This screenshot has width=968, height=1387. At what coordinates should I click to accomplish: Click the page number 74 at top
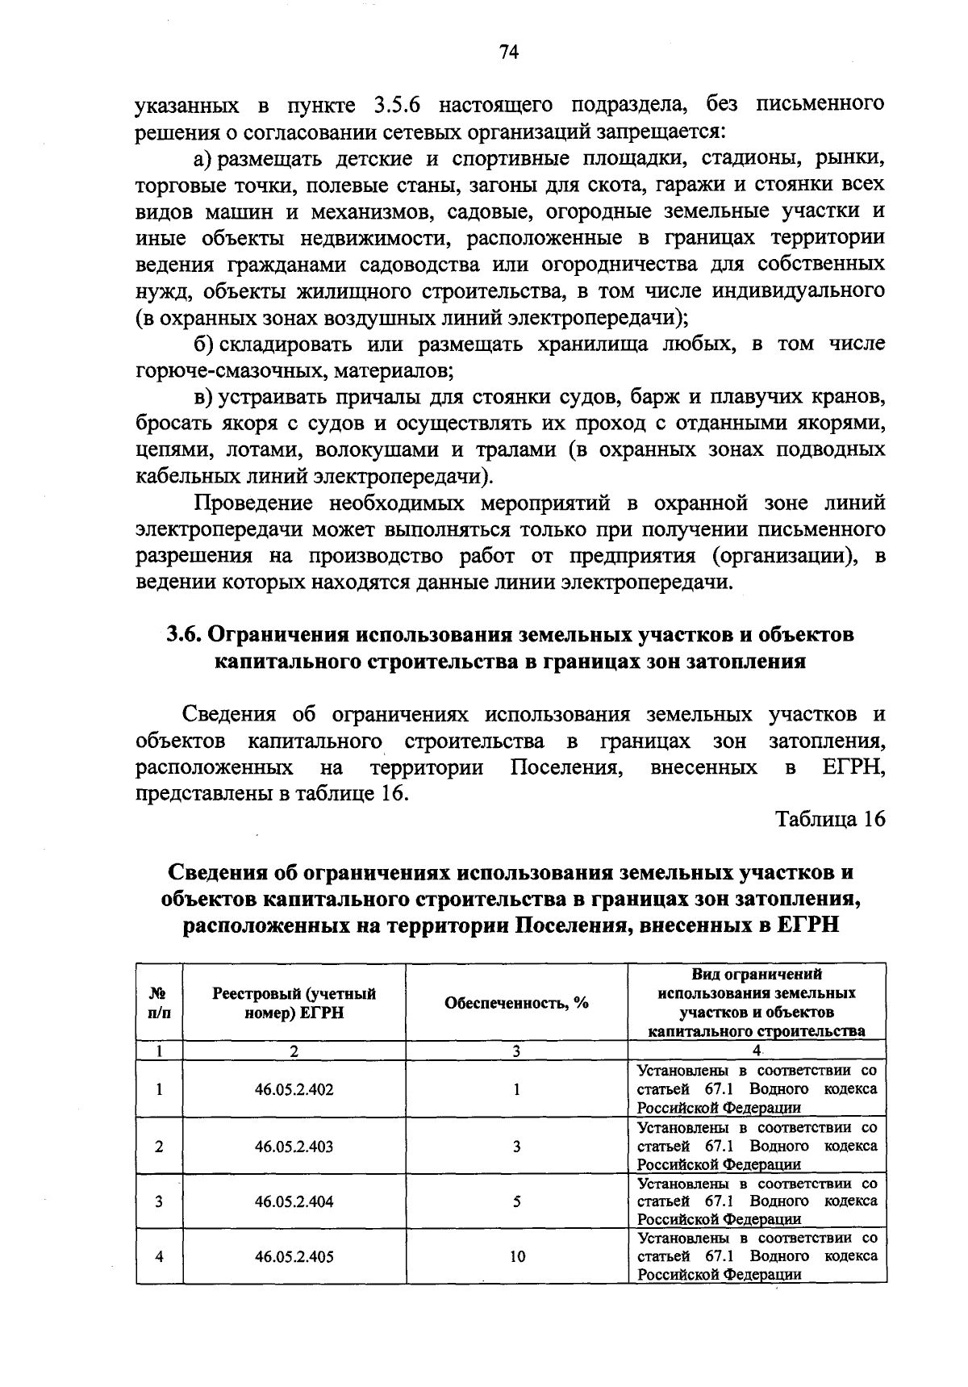pyautogui.click(x=508, y=52)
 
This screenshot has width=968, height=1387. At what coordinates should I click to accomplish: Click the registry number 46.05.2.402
pyautogui.click(x=294, y=1089)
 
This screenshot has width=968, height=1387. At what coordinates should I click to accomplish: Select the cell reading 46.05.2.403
pyautogui.click(x=294, y=1146)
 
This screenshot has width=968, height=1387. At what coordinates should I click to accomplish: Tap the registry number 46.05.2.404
pyautogui.click(x=294, y=1201)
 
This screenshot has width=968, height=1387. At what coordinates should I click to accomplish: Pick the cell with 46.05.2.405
pyautogui.click(x=294, y=1256)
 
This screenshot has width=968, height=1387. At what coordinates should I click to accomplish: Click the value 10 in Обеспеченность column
pyautogui.click(x=517, y=1256)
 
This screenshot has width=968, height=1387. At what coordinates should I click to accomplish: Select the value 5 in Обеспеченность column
pyautogui.click(x=517, y=1201)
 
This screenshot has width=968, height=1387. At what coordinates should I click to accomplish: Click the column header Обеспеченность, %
pyautogui.click(x=516, y=1003)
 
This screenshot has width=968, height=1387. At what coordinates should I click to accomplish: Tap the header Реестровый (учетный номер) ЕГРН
pyautogui.click(x=294, y=1003)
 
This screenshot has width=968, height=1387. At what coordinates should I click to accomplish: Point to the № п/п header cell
pyautogui.click(x=159, y=1003)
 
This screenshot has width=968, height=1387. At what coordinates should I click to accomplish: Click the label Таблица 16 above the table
pyautogui.click(x=830, y=819)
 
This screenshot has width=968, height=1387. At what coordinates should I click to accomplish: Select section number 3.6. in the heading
pyautogui.click(x=185, y=635)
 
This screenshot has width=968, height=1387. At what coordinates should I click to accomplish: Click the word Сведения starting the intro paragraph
pyautogui.click(x=230, y=715)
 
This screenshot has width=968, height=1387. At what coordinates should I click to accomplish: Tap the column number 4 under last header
pyautogui.click(x=757, y=1051)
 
